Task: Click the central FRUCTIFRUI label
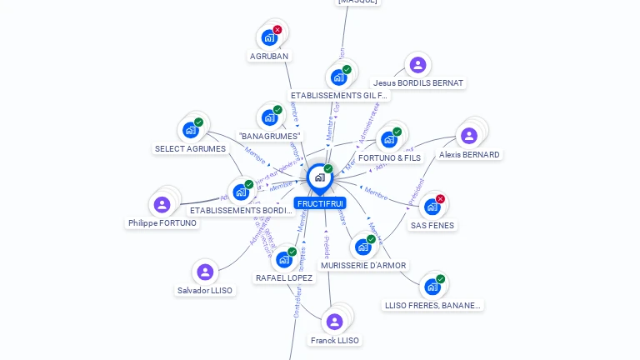point(319,203)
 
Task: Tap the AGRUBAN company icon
point(268,37)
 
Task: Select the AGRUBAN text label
point(268,57)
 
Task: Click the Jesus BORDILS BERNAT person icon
point(417,64)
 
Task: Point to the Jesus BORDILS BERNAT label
point(417,83)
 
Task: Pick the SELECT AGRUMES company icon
point(190,130)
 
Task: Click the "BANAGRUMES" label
point(269,136)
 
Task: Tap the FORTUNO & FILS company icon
point(388,139)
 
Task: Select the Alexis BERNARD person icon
point(469,135)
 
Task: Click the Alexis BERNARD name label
point(469,155)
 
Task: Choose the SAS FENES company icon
point(432,207)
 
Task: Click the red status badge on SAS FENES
point(440,199)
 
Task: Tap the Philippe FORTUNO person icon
point(162,204)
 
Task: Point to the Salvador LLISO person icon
point(205,272)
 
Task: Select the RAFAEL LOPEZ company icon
point(283,259)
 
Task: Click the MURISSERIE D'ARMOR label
point(363,266)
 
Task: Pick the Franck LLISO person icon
point(334,322)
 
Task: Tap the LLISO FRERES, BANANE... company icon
point(432,287)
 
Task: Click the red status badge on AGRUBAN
point(277,30)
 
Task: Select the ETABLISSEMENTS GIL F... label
point(338,96)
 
